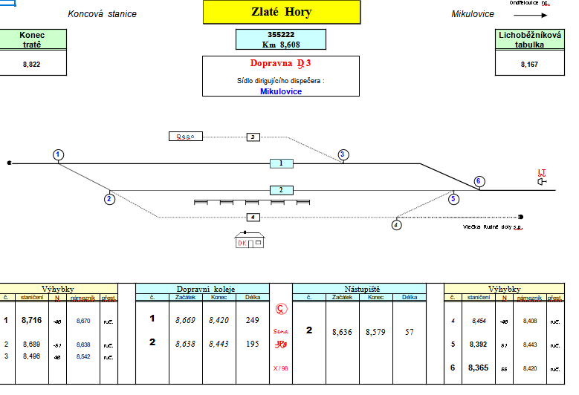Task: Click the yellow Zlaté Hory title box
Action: pos(281,13)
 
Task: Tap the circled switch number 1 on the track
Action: pos(59,154)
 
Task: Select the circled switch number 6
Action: pos(479,181)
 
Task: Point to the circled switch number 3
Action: pos(343,154)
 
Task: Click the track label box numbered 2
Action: pos(281,190)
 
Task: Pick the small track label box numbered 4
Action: pos(253,217)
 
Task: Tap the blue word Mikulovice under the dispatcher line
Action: pos(280,91)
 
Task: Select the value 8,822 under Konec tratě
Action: pos(32,65)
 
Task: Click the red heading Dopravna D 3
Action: pos(280,64)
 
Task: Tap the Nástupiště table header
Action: pos(359,287)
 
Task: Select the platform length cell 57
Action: pos(409,333)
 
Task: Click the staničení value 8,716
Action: pos(31,320)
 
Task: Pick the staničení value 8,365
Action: pos(479,368)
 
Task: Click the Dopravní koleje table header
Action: pos(202,287)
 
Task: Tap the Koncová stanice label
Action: pos(102,14)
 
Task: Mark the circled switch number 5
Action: pos(453,198)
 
